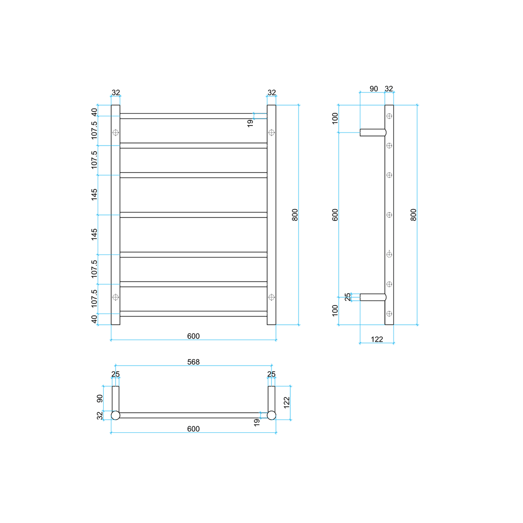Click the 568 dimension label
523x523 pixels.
pyautogui.click(x=193, y=362)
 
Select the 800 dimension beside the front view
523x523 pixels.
pyautogui.click(x=295, y=215)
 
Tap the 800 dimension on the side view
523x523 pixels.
pyautogui.click(x=413, y=215)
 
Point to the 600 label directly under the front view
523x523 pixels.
pyautogui.click(x=193, y=336)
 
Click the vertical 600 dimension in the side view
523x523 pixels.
pyautogui.click(x=335, y=215)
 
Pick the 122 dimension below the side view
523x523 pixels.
pyautogui.click(x=377, y=339)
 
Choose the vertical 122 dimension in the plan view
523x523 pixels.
pyautogui.click(x=287, y=403)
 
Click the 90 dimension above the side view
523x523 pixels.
pyautogui.click(x=374, y=89)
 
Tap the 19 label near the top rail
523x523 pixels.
pyautogui.click(x=250, y=123)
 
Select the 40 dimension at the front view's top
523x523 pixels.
pyautogui.click(x=94, y=112)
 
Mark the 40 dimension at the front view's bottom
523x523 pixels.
pyautogui.click(x=94, y=319)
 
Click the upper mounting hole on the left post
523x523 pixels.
pyautogui.click(x=115, y=132)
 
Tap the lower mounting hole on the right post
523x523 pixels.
pyautogui.click(x=272, y=297)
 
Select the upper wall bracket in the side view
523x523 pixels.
pyautogui.click(x=373, y=132)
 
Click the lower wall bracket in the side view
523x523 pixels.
pyautogui.click(x=373, y=297)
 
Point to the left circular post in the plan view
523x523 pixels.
pyautogui.click(x=115, y=415)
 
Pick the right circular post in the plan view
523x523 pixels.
pyautogui.click(x=272, y=415)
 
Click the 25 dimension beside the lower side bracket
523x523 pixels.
pyautogui.click(x=347, y=297)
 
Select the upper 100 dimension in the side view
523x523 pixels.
pyautogui.click(x=335, y=119)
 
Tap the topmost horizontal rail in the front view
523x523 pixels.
pyautogui.click(x=193, y=116)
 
